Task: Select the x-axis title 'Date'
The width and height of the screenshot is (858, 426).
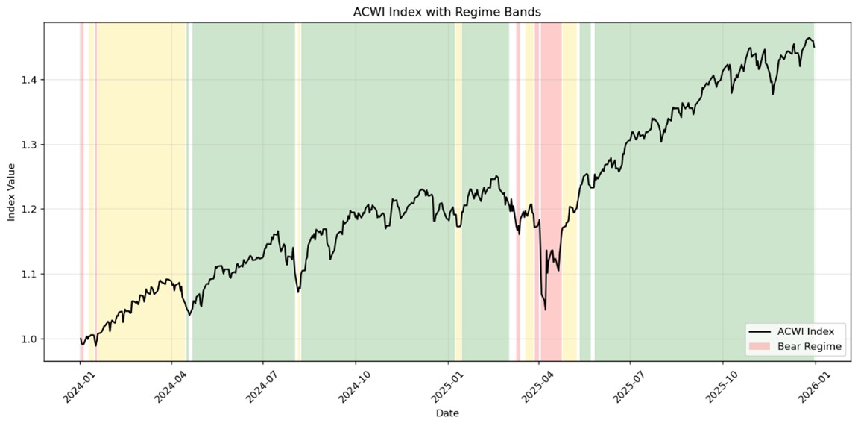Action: click(447, 413)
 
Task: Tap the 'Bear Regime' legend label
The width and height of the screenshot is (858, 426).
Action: click(810, 346)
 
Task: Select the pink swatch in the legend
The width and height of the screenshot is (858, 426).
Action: click(760, 346)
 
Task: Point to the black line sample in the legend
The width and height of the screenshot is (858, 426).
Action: click(760, 331)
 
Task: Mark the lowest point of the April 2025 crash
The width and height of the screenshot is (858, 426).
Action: click(545, 310)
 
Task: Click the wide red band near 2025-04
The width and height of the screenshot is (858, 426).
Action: click(551, 187)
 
